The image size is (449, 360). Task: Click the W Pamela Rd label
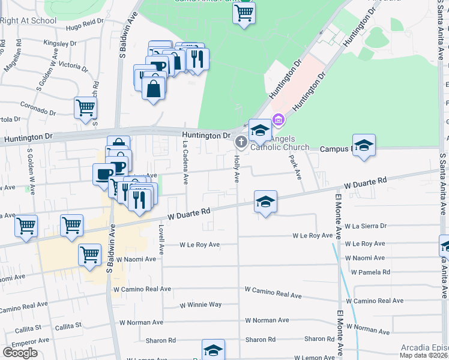[370, 272]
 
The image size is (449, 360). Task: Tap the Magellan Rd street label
[11, 57]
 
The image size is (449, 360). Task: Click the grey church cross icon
[241, 142]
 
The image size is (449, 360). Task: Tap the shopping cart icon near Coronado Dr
[85, 108]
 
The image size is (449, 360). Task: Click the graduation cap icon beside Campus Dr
[363, 145]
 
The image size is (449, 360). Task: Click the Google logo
[20, 353]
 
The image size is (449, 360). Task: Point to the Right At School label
[28, 20]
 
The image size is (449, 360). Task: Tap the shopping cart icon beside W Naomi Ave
[90, 254]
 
